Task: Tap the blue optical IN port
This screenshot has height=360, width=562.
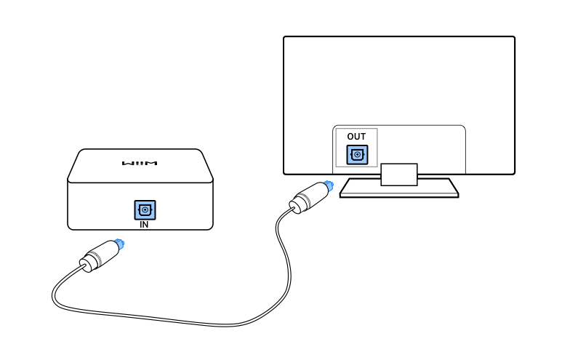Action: coord(145,210)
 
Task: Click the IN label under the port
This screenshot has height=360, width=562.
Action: coord(145,225)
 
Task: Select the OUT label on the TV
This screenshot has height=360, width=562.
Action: coord(356,137)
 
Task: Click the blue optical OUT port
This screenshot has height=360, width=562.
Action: coord(357,155)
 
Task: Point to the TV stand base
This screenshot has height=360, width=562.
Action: coord(399,188)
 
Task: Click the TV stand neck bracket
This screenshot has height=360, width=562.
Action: coord(398,173)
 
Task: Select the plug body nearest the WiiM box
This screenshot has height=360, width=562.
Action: coord(98,255)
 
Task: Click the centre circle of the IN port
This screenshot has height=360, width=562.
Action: coord(145,210)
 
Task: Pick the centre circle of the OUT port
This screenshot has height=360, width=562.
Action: coord(357,155)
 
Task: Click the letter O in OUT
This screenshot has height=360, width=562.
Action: coord(350,137)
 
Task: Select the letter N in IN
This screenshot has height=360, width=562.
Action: coord(147,225)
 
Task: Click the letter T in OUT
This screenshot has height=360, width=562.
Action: coord(363,137)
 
